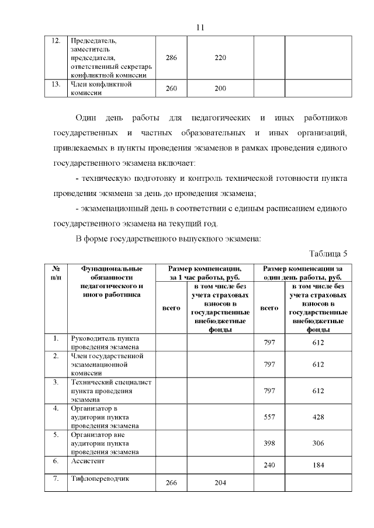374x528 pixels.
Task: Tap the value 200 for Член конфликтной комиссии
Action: point(220,88)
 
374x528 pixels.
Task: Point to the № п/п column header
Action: point(56,272)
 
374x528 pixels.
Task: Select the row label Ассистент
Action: point(86,461)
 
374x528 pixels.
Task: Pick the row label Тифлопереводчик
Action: point(99,479)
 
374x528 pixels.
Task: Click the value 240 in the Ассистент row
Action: point(269,465)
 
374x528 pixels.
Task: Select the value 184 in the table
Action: point(318,465)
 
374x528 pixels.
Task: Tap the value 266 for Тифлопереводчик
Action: point(171,482)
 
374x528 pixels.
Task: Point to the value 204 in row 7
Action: point(220,482)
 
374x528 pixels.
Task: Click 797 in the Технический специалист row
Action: point(269,390)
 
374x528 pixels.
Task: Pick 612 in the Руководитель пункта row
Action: point(318,342)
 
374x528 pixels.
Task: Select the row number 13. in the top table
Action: point(56,84)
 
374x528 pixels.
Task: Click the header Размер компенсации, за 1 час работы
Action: point(204,272)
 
